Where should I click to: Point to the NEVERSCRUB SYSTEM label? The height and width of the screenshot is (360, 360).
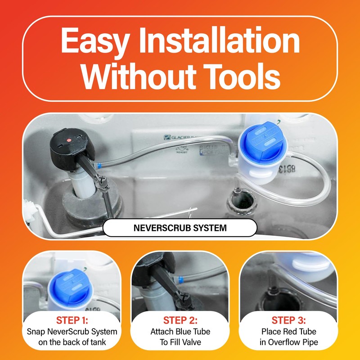(180, 228)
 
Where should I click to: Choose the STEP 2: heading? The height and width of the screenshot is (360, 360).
(180, 321)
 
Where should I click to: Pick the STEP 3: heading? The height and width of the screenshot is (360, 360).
(288, 321)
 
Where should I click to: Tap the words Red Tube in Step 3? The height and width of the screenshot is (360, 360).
(301, 332)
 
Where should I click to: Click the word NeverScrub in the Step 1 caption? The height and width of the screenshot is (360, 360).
(63, 332)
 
